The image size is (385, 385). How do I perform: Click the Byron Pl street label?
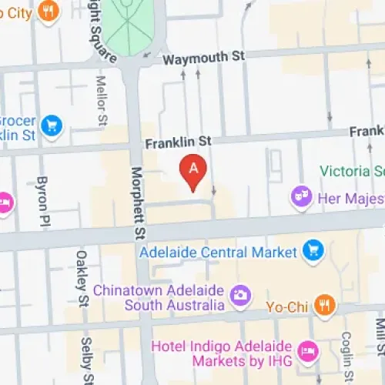(43, 198)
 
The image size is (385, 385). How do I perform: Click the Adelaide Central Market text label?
(218, 252)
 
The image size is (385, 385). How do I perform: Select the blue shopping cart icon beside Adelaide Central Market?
(313, 251)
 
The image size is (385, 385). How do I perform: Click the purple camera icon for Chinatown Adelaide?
(240, 294)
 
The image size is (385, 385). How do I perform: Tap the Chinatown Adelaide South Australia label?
(157, 297)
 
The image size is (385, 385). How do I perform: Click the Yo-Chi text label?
(287, 306)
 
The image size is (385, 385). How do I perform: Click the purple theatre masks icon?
(300, 197)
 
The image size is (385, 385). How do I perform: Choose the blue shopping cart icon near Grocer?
(52, 125)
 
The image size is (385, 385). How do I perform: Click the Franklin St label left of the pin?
(178, 142)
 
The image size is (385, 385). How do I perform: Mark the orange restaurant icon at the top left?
(49, 12)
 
